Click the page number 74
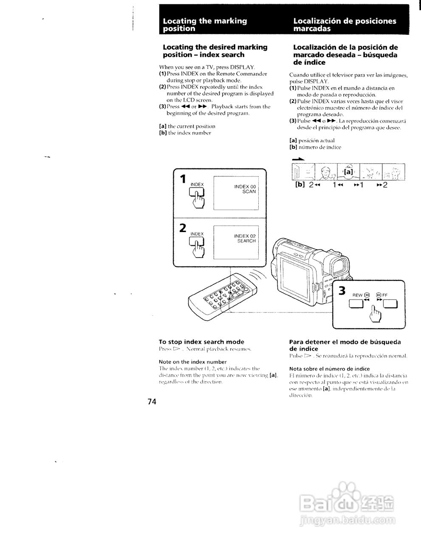point(152,402)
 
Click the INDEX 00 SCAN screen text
point(245,189)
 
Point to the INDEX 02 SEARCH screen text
point(245,238)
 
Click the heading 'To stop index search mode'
point(201,342)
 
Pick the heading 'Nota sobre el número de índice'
point(329,368)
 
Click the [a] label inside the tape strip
point(348,172)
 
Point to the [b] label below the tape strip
point(300,185)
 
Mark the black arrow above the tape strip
point(299,159)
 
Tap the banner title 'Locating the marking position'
point(205,25)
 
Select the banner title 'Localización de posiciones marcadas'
point(344,25)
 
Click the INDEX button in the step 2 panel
point(197,242)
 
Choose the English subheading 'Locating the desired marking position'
point(215,51)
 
